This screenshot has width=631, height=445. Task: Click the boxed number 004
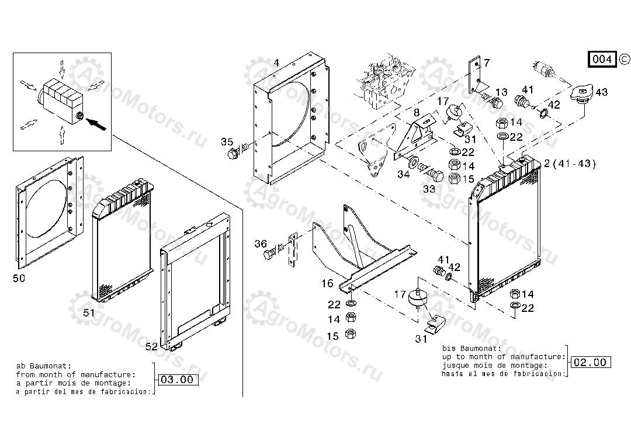602,59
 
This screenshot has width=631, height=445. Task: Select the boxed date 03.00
176,380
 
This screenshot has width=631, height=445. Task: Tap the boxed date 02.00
590,362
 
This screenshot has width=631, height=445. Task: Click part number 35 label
227,142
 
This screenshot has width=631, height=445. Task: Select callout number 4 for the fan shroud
276,62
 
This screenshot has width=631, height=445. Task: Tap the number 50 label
19,279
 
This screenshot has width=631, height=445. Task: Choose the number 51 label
89,313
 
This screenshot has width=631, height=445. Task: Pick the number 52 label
151,346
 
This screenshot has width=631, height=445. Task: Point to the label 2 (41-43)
570,164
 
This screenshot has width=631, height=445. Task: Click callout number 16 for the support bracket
327,283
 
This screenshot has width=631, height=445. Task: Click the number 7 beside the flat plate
487,63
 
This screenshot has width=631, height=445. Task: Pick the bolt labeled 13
495,104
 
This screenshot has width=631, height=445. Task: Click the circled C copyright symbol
623,58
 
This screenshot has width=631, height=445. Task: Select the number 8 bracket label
416,112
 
